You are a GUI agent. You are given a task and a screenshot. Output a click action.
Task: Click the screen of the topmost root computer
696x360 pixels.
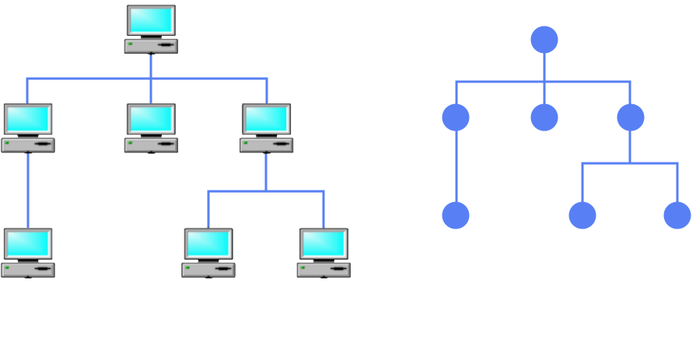coord(151,20)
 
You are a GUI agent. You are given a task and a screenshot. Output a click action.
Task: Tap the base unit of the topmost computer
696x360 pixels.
coord(151,46)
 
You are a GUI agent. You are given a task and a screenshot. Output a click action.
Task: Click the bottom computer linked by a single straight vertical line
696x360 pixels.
coord(28,252)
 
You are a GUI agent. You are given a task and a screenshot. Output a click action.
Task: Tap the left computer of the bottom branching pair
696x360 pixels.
coord(208,252)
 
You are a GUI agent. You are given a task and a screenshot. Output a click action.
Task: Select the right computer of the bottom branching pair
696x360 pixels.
coord(324,252)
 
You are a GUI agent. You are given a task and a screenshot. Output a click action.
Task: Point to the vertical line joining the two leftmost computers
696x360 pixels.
coord(28,190)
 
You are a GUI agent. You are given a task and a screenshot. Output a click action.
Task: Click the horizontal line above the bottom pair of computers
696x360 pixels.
coord(266,190)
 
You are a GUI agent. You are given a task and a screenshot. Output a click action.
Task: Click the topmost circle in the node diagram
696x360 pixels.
coord(544,40)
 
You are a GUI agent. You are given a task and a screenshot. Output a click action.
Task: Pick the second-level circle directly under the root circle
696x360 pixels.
coord(544,117)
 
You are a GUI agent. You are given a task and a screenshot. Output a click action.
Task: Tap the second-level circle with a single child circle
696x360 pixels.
coord(456,117)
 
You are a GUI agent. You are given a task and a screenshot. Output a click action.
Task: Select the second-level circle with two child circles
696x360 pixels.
coord(631,117)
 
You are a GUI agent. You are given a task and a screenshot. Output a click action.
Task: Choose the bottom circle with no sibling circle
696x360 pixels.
coord(456,215)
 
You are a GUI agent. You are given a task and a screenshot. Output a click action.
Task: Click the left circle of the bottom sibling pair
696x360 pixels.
coord(582,215)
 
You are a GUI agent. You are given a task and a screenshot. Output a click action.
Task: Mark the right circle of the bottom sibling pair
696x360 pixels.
coord(677,215)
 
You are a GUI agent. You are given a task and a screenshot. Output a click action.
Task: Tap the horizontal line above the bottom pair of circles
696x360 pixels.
coord(630,163)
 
